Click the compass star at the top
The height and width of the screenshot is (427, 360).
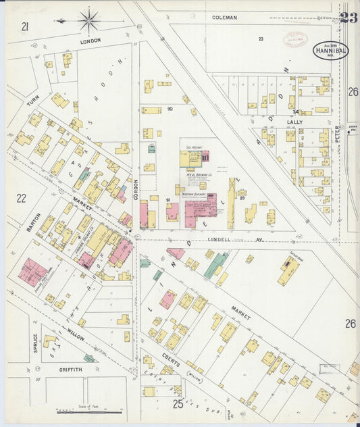click(x=88, y=20)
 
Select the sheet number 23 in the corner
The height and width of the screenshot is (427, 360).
click(x=349, y=18)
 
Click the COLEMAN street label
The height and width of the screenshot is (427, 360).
click(x=224, y=18)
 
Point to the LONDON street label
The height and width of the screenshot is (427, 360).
click(x=91, y=41)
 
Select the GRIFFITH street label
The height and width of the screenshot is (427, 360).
click(x=70, y=370)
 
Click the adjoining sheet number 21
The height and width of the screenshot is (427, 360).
click(x=25, y=26)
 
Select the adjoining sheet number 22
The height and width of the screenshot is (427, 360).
click(x=21, y=198)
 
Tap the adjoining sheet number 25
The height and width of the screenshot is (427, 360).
click(x=178, y=404)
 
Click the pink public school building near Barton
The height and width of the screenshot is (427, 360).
click(x=32, y=271)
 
